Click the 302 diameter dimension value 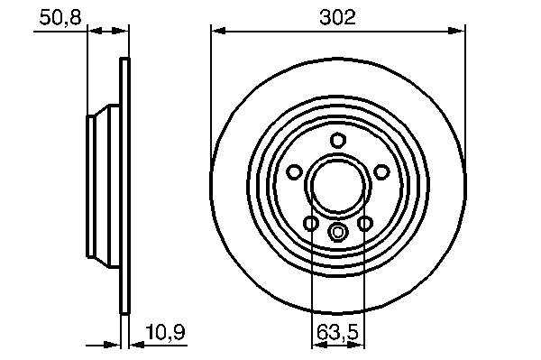(x=337, y=18)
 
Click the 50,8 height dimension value (x=60, y=18)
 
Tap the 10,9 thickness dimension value (x=165, y=332)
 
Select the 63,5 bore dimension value (x=338, y=332)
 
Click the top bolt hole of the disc (x=338, y=140)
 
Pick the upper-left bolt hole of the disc (x=294, y=171)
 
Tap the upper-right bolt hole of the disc (x=381, y=171)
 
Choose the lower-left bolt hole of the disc (x=311, y=224)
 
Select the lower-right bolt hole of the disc (x=365, y=224)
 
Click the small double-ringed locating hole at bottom (x=338, y=232)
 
